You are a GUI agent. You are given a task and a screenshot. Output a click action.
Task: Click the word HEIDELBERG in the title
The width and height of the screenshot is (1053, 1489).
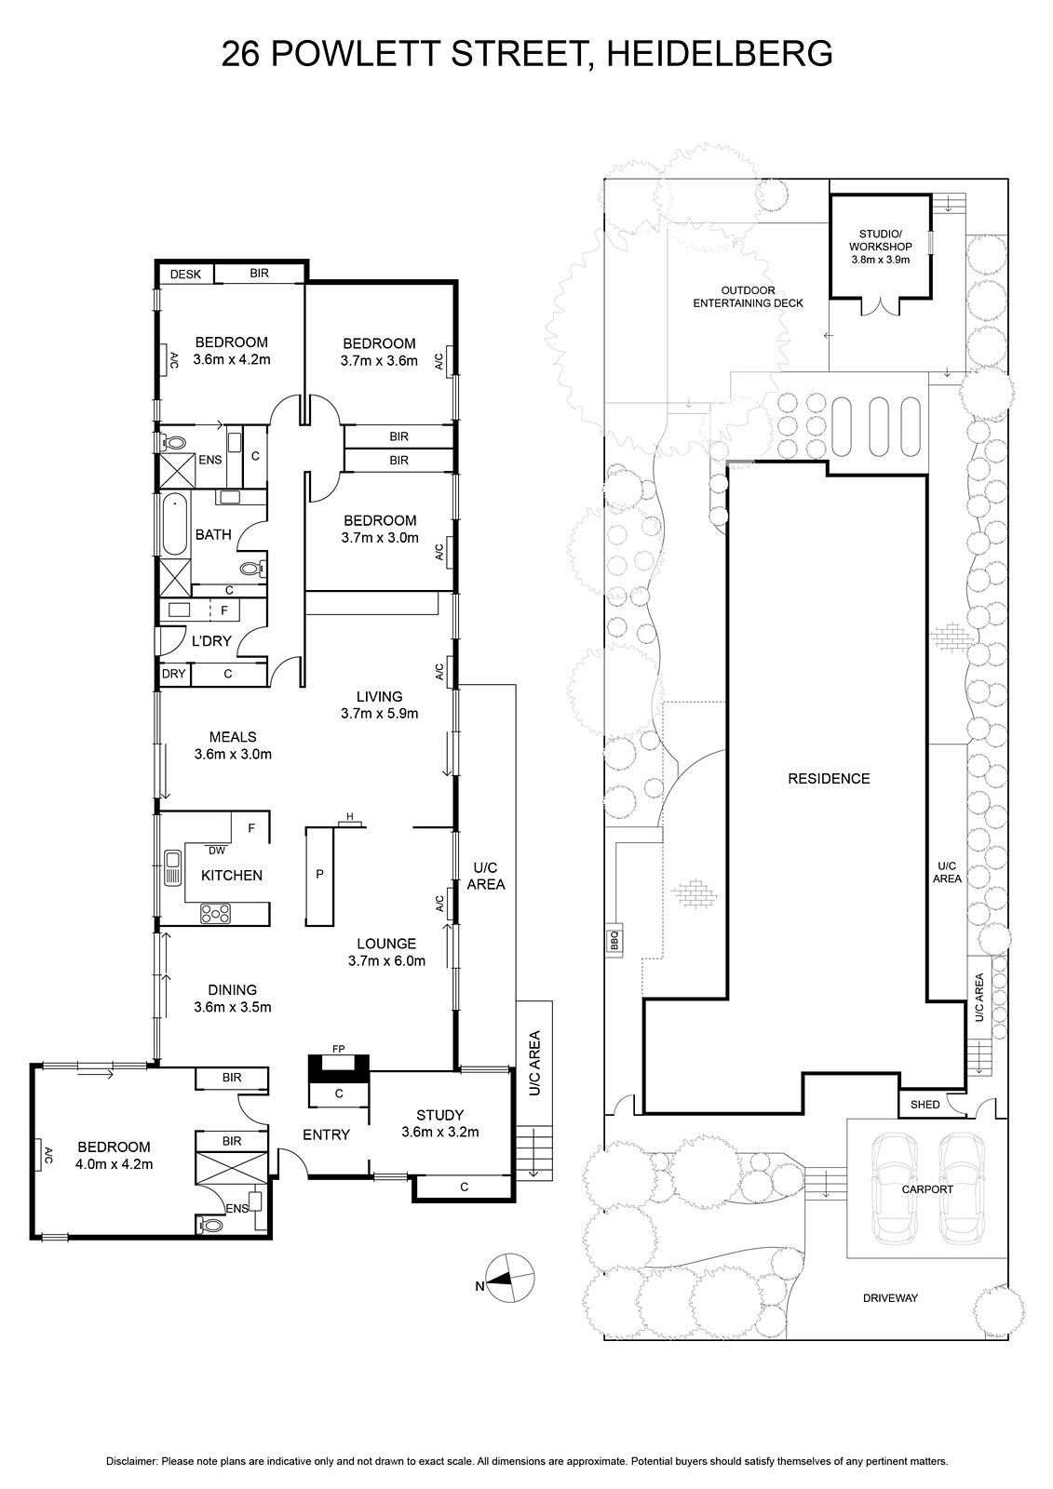point(719,53)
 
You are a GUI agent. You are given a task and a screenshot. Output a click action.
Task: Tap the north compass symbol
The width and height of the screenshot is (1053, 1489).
point(509,1279)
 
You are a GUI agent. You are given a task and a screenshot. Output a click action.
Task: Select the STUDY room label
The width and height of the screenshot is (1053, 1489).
point(439,1116)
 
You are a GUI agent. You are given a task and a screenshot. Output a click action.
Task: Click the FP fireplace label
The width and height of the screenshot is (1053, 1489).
point(339,1049)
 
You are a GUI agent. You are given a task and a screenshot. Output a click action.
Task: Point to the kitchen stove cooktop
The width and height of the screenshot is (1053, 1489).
point(215,913)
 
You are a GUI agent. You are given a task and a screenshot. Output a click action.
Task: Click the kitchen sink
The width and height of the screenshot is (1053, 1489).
point(173,867)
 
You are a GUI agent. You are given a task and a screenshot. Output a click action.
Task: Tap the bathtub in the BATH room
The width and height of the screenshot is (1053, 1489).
point(174,524)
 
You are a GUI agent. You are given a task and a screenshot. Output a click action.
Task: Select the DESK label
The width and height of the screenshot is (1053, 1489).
point(185,274)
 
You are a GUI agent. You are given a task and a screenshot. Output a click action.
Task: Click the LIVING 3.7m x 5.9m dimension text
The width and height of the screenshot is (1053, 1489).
point(379,714)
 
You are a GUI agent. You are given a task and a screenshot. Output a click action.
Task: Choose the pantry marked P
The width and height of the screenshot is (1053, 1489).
point(319,876)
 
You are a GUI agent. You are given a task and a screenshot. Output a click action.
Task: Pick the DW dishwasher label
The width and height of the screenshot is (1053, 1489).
point(217,851)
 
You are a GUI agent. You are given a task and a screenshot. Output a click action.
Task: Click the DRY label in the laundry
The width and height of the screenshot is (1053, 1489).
point(173,674)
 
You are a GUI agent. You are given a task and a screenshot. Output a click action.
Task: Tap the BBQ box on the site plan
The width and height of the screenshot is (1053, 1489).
point(614,940)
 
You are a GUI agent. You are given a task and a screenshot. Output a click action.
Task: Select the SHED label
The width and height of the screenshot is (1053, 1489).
point(925,1105)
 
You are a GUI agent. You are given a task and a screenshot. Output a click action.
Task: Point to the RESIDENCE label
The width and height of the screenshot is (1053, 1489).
point(829,778)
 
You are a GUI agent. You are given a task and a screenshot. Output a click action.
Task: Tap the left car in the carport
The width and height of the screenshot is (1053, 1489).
point(894,1188)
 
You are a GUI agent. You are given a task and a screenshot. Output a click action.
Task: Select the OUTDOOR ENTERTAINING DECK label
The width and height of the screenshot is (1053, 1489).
point(749,297)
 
